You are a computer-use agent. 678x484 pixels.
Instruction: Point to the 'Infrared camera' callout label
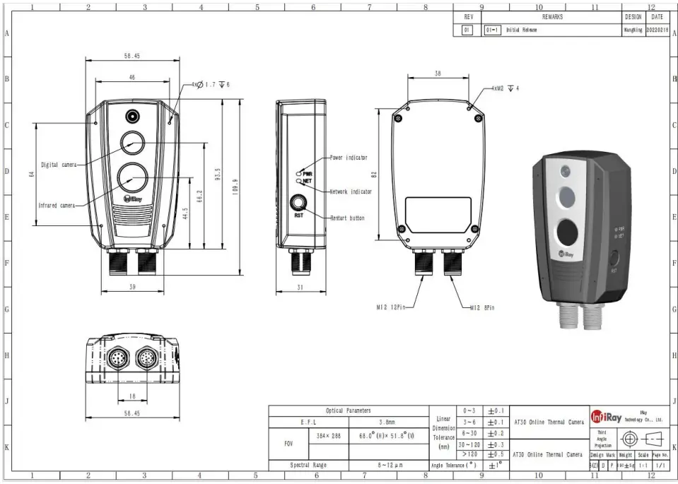pyautogui.click(x=57, y=206)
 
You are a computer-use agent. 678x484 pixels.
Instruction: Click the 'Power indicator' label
pyautogui.click(x=349, y=158)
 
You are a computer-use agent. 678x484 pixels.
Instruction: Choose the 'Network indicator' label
pyautogui.click(x=351, y=191)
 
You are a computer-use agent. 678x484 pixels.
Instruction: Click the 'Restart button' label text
pyautogui.click(x=348, y=218)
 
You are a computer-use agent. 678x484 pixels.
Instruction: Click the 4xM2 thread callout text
pyautogui.click(x=505, y=89)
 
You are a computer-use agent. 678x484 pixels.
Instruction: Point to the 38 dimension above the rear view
pyautogui.click(x=438, y=73)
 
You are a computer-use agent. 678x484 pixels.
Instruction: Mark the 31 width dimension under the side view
pyautogui.click(x=300, y=287)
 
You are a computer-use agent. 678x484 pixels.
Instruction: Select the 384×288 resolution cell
pyautogui.click(x=329, y=436)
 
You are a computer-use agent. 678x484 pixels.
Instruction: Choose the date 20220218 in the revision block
pyautogui.click(x=657, y=30)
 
